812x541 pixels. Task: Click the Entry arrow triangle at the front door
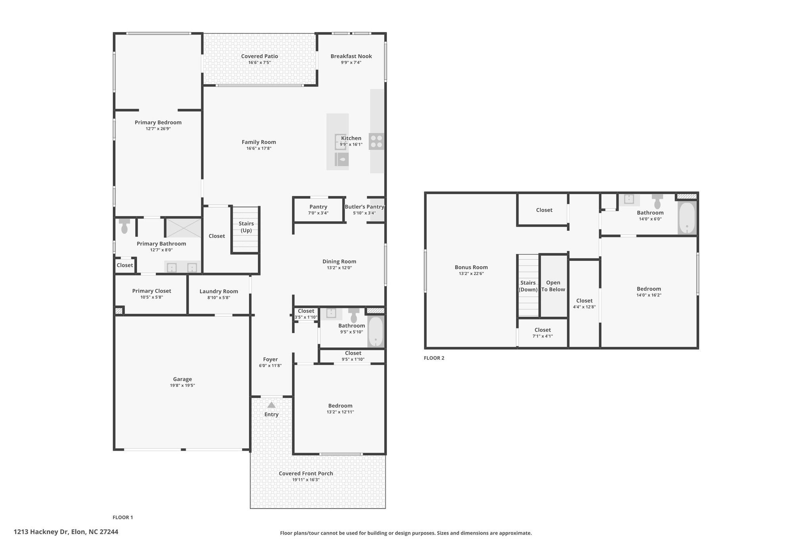coord(271,405)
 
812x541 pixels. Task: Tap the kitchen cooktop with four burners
coord(377,141)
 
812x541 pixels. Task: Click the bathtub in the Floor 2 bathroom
coord(687,218)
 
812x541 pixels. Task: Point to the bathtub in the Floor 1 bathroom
coord(375,331)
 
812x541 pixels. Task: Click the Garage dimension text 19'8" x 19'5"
coord(182,386)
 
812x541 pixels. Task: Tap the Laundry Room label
coord(219,291)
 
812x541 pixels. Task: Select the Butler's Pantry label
coord(364,207)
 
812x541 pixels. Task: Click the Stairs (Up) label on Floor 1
coord(246,227)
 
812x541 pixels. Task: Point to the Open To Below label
coord(553,286)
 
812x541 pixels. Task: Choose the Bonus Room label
coord(471,268)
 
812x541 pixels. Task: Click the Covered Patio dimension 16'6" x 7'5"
coord(260,63)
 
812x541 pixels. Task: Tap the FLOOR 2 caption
coord(434,358)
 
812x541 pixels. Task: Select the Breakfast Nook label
coord(351,56)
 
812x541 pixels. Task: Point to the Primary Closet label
coord(151,291)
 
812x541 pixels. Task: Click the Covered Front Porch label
coord(306,474)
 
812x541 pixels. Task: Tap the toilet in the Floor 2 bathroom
coord(657,202)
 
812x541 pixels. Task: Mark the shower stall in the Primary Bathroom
coord(183,227)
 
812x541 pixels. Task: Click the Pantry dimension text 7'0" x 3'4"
coord(318,213)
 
